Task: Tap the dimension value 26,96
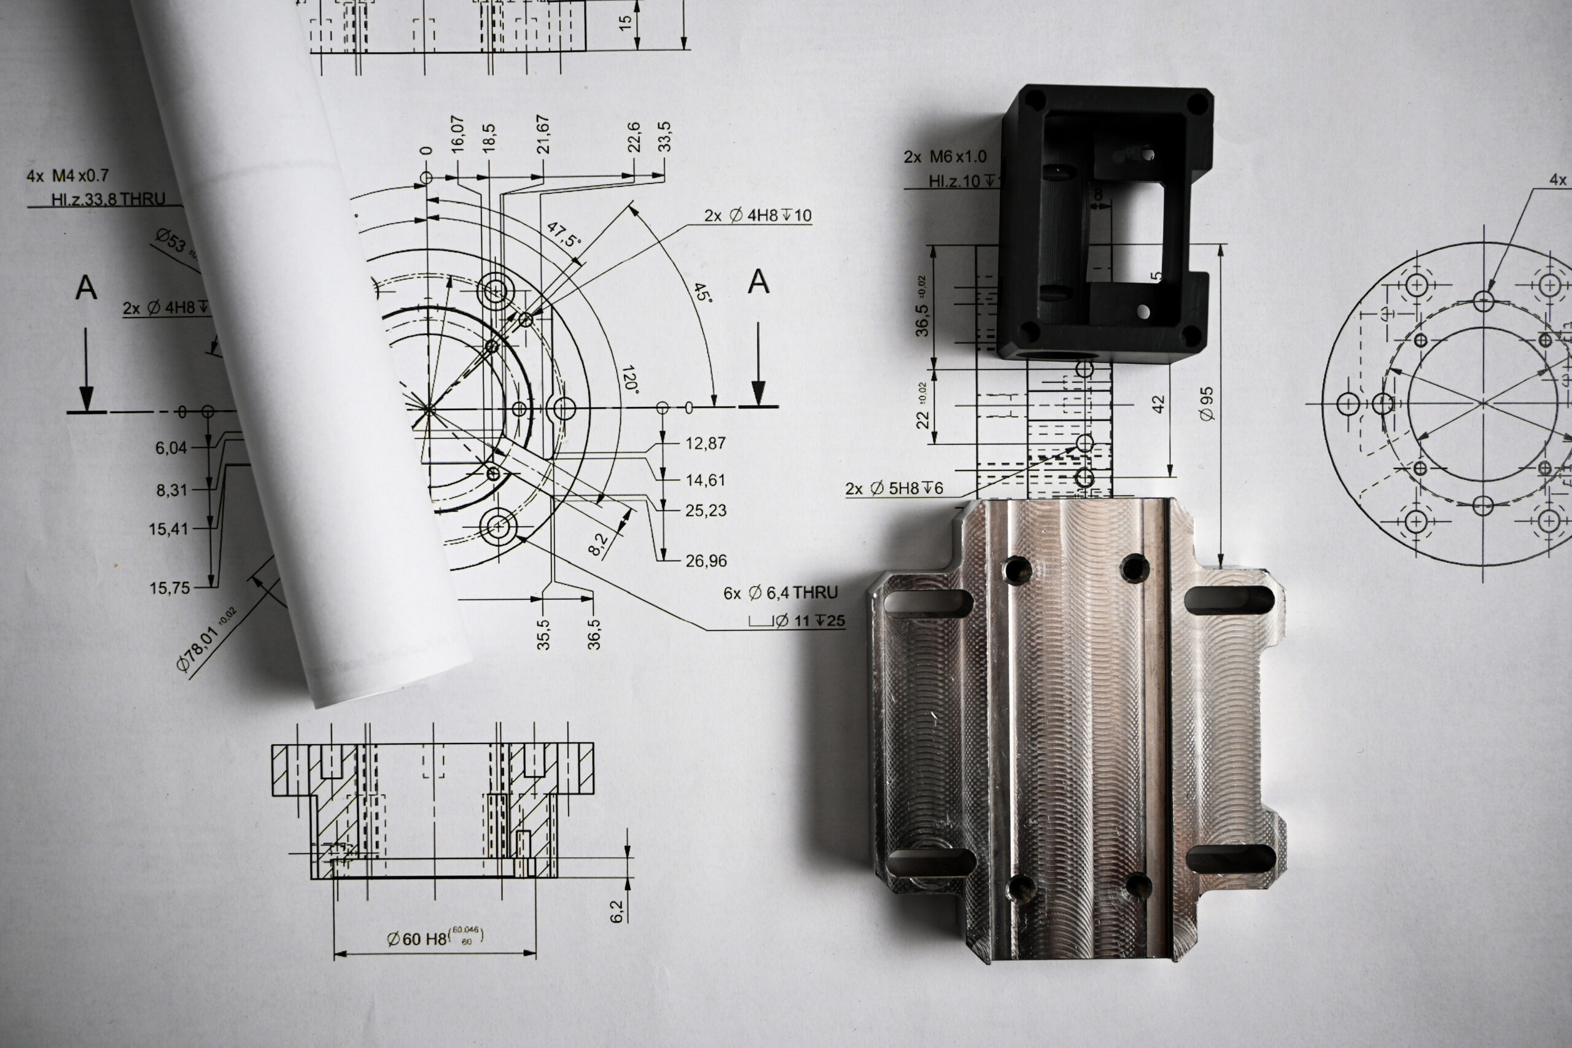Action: (706, 561)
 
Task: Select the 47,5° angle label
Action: (564, 235)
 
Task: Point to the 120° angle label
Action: (629, 379)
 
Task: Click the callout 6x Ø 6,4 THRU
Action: (780, 593)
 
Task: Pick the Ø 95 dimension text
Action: (1207, 404)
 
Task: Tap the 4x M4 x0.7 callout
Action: (68, 176)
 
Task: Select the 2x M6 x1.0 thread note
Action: (944, 157)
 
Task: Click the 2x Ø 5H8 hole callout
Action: (893, 489)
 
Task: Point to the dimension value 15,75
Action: (169, 588)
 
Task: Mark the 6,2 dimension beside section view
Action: (617, 912)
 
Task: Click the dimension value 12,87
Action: (705, 443)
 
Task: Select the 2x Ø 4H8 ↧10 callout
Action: (757, 215)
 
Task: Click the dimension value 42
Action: (1158, 404)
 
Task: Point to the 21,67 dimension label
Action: (543, 134)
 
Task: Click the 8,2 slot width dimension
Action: (597, 543)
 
